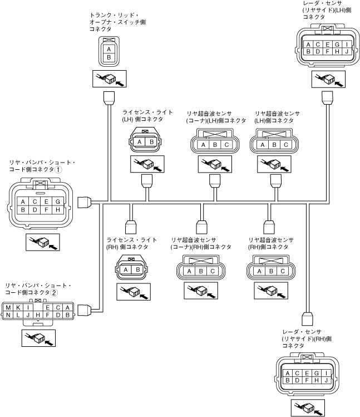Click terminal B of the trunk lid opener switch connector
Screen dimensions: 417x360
109,57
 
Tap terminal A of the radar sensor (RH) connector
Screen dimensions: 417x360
287,373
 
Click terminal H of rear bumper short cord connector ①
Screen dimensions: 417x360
58,210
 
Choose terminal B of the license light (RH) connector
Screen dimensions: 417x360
136,270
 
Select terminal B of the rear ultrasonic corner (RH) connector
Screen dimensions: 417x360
202,272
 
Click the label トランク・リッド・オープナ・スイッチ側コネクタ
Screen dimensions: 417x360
114,22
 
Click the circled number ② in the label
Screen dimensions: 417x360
55,292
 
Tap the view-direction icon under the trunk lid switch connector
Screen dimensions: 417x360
109,79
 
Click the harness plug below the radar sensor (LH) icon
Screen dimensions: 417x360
327,99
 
